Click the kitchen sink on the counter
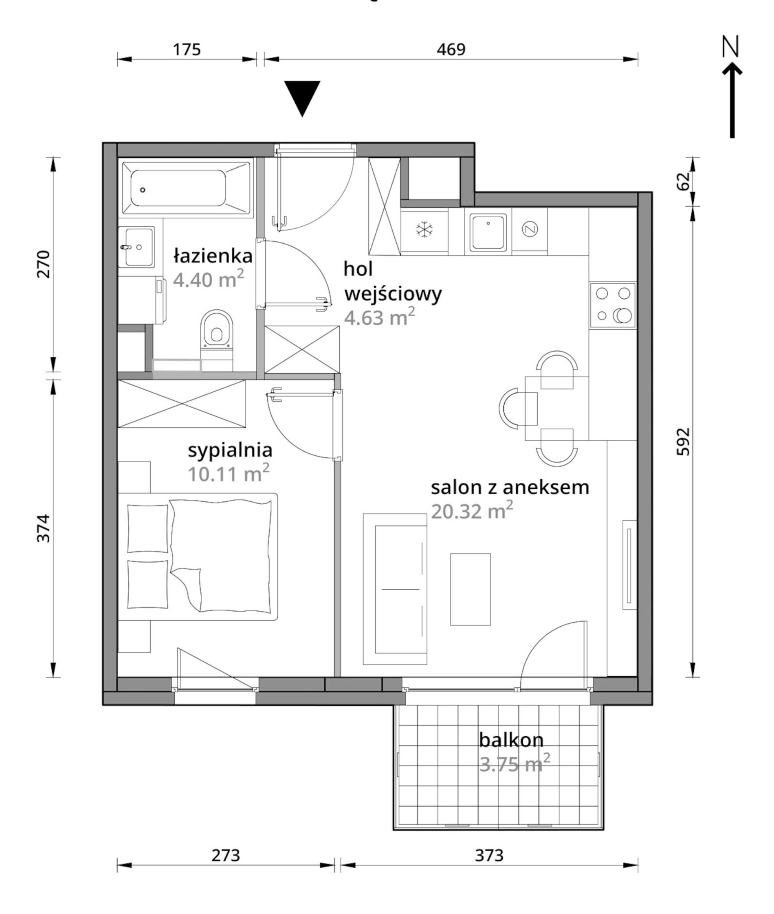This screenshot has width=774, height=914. click(x=488, y=232)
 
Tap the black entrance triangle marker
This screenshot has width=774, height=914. click(x=302, y=98)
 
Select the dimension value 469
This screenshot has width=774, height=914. click(x=451, y=49)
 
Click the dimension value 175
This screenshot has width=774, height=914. click(x=187, y=49)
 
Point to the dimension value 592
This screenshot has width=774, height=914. click(x=683, y=442)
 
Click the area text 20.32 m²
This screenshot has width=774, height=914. click(x=472, y=511)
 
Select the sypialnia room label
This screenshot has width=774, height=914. click(x=230, y=450)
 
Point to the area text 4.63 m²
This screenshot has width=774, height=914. click(x=380, y=317)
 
